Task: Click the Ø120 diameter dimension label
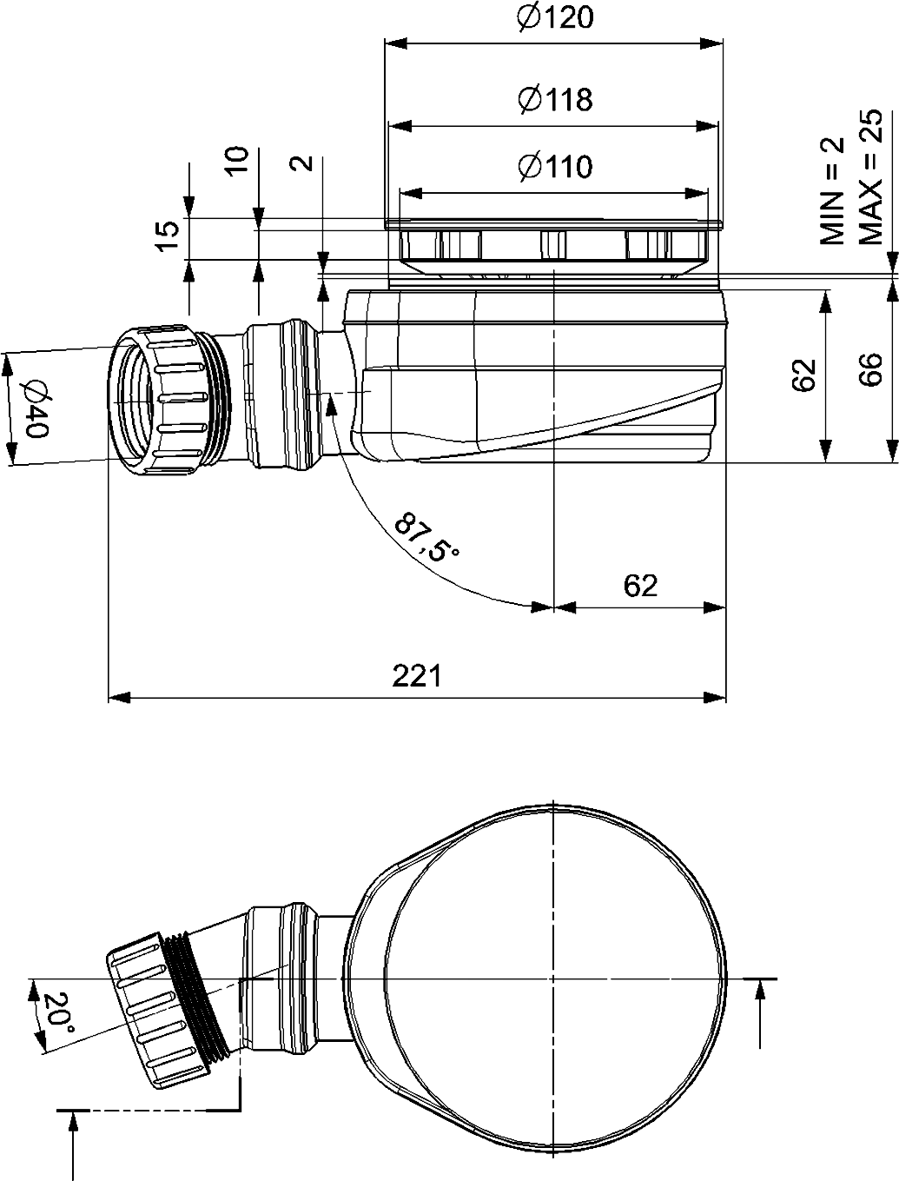click(554, 17)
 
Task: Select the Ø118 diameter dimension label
click(554, 100)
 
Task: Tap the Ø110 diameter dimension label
click(554, 165)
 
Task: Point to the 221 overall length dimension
click(417, 674)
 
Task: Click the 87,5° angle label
click(426, 538)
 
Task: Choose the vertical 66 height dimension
click(869, 369)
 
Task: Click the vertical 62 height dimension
click(804, 374)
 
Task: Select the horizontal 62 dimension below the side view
click(640, 586)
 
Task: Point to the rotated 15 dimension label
click(170, 235)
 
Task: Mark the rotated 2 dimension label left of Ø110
click(301, 163)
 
